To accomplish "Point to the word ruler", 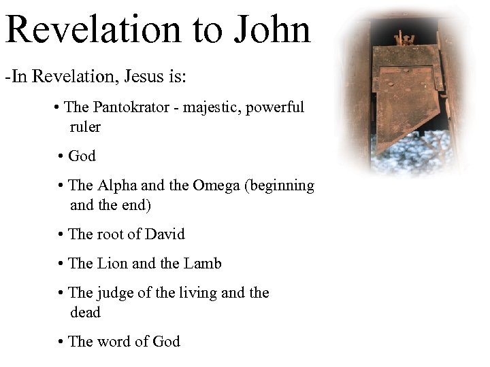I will click(84, 127).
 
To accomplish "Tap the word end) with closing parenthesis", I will click(135, 205).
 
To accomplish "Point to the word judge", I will click(114, 293).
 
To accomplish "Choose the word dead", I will click(85, 313).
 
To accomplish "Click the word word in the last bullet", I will click(114, 342).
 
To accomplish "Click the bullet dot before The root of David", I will click(61, 235).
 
